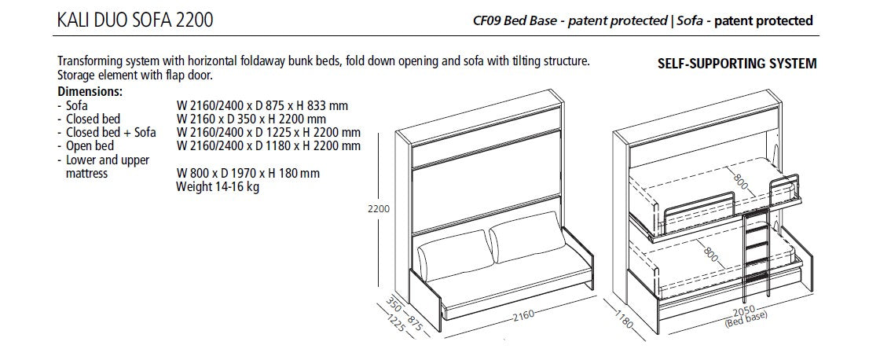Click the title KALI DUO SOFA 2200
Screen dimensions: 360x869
tap(134, 20)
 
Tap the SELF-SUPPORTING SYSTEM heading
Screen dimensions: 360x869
tap(736, 64)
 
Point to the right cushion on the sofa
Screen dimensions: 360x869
tap(524, 244)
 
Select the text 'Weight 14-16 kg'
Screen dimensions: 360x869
tap(218, 186)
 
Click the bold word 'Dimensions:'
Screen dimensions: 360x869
tap(89, 91)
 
